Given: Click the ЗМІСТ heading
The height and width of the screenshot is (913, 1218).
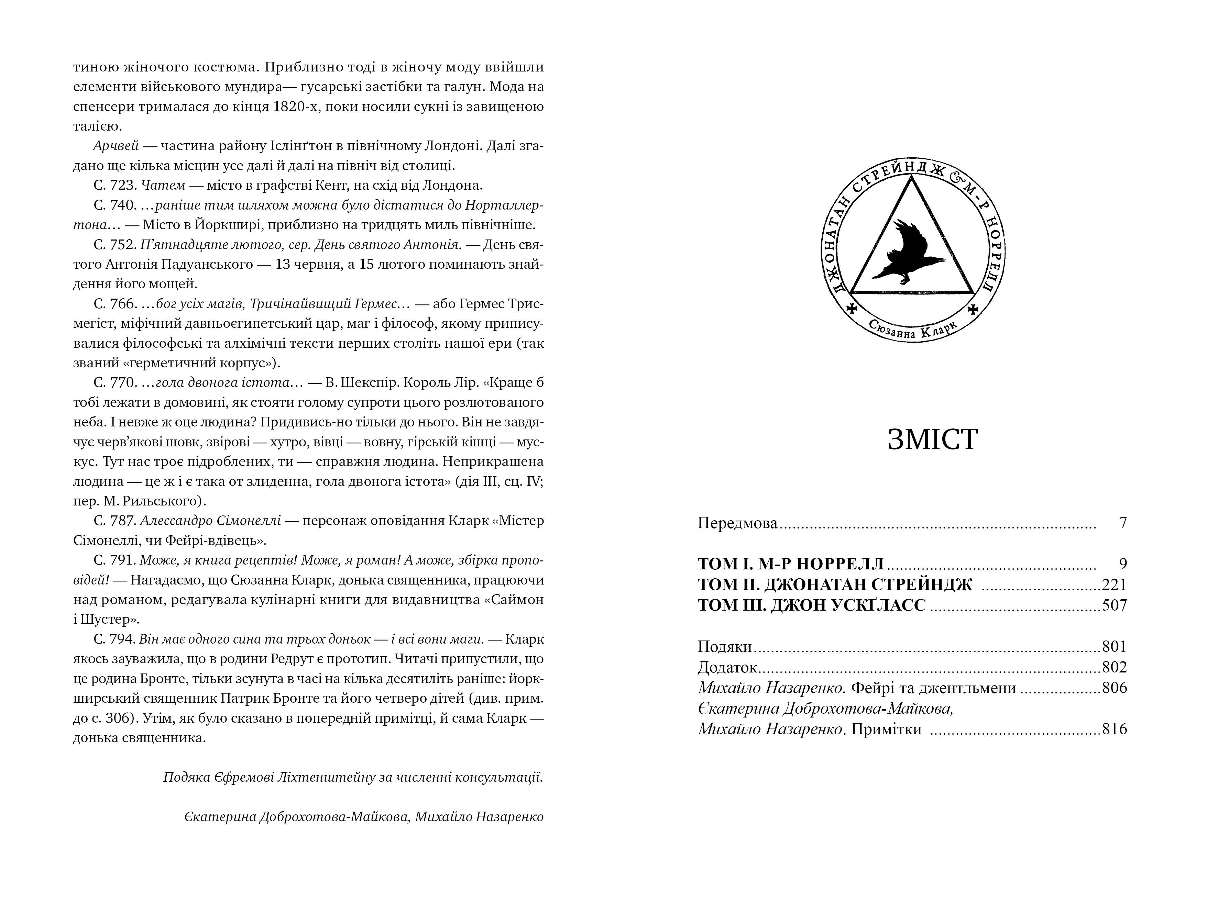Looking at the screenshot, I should [x=932, y=440].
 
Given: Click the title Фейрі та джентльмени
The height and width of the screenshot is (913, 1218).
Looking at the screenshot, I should [x=933, y=688].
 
